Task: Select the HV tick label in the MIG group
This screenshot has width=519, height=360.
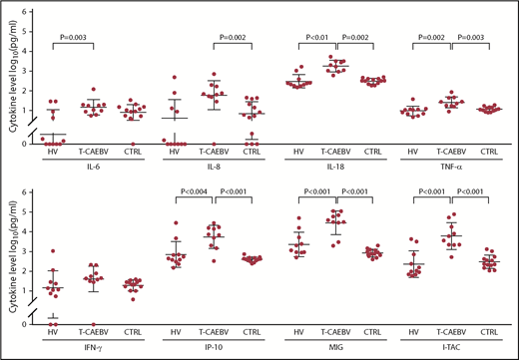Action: [299, 330]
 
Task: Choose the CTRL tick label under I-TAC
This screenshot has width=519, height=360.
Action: [488, 330]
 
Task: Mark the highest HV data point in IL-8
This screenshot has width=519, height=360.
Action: [175, 77]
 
